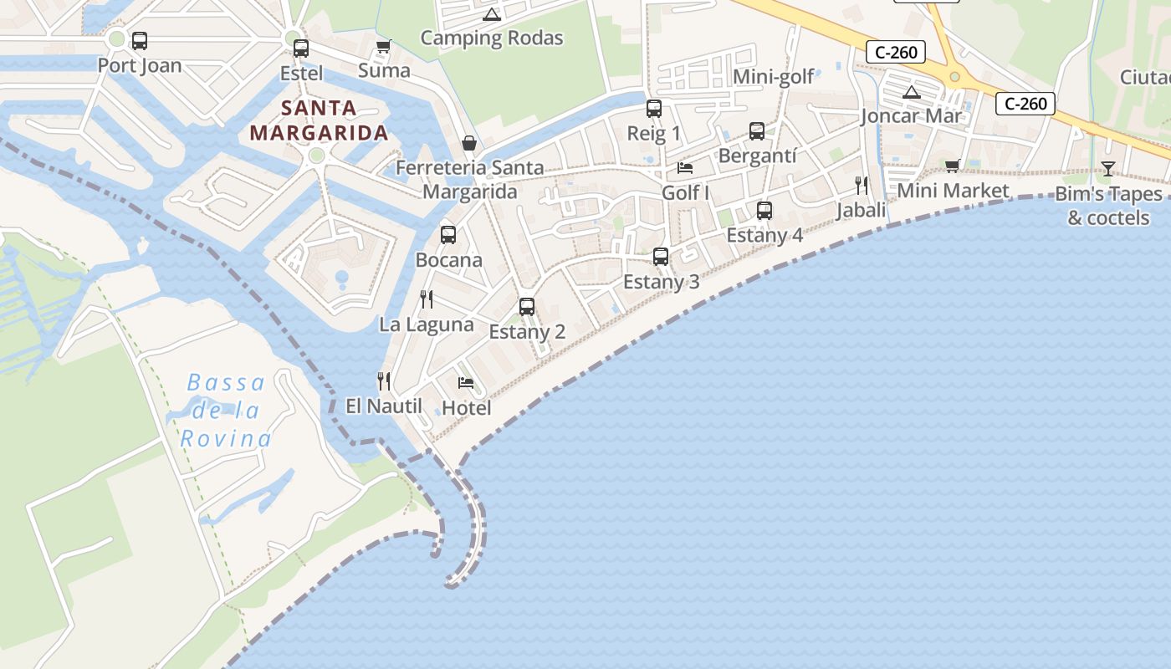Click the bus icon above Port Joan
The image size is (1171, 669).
pos(140,40)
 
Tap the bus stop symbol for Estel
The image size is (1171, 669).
pos(301,48)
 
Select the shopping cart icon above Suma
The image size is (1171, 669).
pos(383,46)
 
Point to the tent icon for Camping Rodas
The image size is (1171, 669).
pos(492,14)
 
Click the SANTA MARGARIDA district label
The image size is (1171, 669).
pos(319,120)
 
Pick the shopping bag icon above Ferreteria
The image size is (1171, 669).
pos(469,143)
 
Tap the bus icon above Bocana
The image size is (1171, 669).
pos(448,235)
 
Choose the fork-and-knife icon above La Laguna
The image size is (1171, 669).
pos(427,299)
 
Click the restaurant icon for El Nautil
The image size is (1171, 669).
pos(384,381)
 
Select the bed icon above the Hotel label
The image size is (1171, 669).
pos(466,383)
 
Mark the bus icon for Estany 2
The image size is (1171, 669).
pos(527,307)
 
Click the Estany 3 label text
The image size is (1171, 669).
pos(661,282)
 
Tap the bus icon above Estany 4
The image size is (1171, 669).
pos(764,211)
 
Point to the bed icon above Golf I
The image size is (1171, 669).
pos(685,168)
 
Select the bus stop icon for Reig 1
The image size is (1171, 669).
pos(654,109)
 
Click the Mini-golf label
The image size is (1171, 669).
pos(773,77)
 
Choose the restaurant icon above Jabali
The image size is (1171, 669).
pos(862,186)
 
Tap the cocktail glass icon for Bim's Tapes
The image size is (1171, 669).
pos(1108,169)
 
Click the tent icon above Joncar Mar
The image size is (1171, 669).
pos(911,92)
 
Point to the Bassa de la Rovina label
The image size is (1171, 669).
pos(226,411)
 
